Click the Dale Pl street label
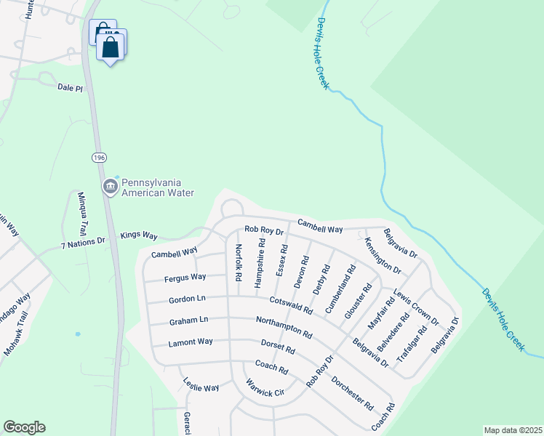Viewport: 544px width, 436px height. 71,87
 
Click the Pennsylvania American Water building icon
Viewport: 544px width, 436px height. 110,187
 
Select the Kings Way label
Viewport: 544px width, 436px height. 139,235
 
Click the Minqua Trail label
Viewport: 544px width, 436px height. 84,210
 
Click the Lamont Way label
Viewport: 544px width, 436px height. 191,342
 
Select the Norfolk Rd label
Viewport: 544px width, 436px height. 238,262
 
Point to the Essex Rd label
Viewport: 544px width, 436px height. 281,260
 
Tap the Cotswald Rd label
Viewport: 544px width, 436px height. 291,304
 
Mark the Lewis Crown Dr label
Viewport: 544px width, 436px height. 416,307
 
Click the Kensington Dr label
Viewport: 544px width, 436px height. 383,255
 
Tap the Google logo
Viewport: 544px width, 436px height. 24,427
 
